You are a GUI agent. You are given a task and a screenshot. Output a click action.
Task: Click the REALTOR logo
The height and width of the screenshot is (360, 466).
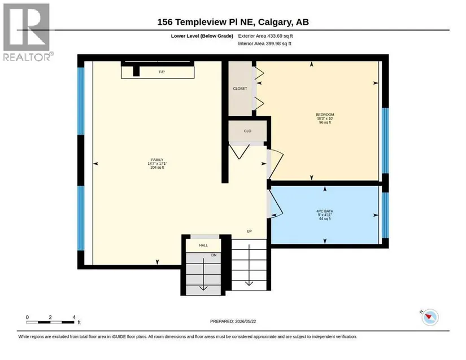[x=28, y=32]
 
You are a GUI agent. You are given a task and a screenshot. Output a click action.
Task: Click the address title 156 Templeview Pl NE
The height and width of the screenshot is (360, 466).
[x=206, y=22]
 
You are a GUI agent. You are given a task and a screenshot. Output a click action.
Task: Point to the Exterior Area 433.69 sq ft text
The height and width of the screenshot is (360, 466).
[x=265, y=36]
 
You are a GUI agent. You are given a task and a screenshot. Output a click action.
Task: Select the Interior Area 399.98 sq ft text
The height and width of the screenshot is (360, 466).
[x=264, y=43]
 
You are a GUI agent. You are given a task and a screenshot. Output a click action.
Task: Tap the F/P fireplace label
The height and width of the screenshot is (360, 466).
[x=162, y=72]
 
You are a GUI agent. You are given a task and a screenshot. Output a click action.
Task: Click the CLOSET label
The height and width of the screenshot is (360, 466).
[x=240, y=89]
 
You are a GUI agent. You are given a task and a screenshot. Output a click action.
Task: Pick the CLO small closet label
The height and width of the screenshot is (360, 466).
[x=247, y=131]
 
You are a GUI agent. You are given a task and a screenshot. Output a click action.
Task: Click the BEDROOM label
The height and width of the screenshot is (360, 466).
[x=325, y=115]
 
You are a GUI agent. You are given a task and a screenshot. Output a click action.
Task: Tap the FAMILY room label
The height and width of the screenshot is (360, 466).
[x=157, y=160]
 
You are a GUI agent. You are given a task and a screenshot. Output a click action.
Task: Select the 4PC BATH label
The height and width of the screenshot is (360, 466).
[x=325, y=211]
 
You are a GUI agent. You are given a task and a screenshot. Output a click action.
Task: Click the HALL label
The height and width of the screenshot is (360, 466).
[x=203, y=245]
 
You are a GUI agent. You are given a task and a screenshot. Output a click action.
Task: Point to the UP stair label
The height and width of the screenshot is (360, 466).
[x=249, y=231]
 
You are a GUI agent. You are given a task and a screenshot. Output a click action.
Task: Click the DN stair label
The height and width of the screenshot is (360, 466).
[x=214, y=255]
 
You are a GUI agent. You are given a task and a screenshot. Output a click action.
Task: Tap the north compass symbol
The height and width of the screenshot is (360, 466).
[x=430, y=317]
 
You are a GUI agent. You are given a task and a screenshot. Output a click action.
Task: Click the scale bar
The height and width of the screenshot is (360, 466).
[x=50, y=322]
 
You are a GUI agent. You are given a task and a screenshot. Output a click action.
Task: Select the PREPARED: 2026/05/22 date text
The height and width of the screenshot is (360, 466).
[x=233, y=322]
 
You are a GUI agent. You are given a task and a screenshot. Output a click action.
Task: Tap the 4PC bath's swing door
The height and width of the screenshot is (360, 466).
[x=275, y=204]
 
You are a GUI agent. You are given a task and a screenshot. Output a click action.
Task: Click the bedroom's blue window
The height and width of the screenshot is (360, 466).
[x=385, y=141]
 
